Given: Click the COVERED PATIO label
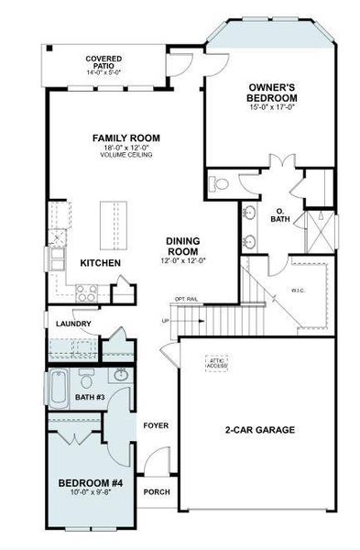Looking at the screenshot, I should click(x=104, y=60).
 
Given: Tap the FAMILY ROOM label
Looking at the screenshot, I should click(x=122, y=138).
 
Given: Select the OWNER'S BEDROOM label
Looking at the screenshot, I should click(x=272, y=92).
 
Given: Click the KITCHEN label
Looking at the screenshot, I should click(x=101, y=263).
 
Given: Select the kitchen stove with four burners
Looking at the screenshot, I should click(x=87, y=293).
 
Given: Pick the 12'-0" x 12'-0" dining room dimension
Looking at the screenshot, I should click(x=189, y=260).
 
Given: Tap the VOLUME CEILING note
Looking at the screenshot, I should click(x=122, y=155).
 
